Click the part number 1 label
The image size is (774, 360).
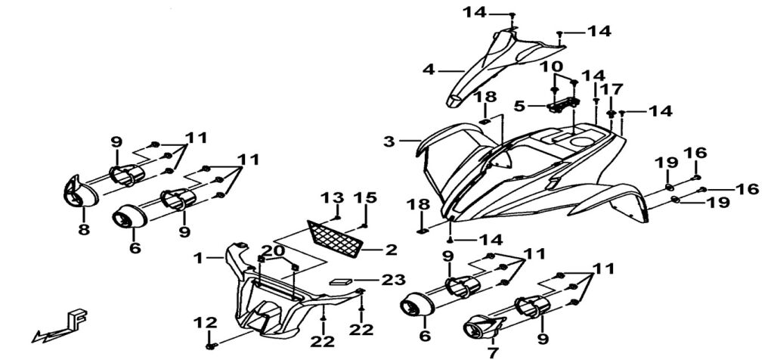pyautogui.click(x=198, y=258)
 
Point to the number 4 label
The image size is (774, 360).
pyautogui.click(x=429, y=70)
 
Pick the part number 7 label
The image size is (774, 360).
pyautogui.click(x=493, y=352)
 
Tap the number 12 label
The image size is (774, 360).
pyautogui.click(x=200, y=323)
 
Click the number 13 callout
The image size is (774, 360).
pyautogui.click(x=328, y=197)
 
